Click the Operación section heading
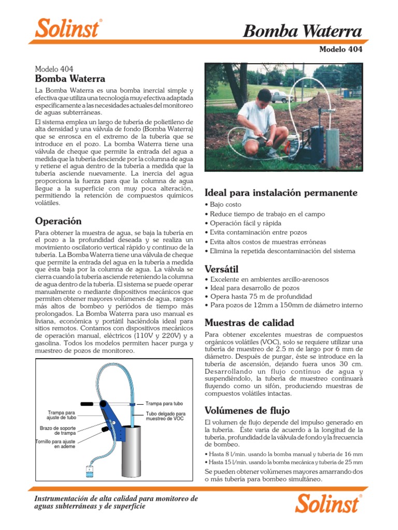click(x=58, y=221)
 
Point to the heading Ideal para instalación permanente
click(x=281, y=193)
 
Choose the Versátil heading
click(x=221, y=269)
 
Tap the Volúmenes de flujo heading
click(x=247, y=410)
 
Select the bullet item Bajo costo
click(x=225, y=205)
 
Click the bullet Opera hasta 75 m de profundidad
click(x=261, y=297)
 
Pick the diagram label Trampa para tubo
click(x=164, y=403)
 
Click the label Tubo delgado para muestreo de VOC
click(x=165, y=416)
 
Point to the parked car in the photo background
click(x=279, y=96)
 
